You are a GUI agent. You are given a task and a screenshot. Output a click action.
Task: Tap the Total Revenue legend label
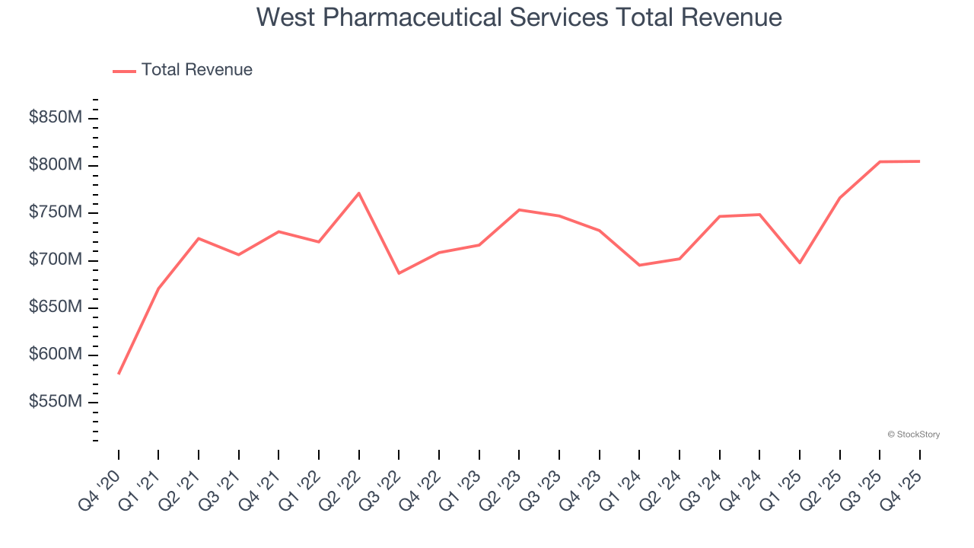(x=196, y=70)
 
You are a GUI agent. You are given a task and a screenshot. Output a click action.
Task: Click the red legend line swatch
(x=124, y=71)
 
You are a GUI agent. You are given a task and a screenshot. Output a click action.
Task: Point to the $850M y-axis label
(x=56, y=118)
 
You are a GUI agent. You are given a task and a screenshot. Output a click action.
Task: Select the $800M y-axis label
(x=56, y=165)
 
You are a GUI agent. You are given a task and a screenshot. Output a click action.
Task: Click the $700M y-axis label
(x=56, y=260)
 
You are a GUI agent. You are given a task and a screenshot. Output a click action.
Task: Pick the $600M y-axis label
(x=56, y=355)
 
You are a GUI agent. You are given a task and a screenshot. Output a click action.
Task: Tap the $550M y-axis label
(x=56, y=402)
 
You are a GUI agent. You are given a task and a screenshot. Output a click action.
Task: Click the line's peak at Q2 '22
(x=358, y=193)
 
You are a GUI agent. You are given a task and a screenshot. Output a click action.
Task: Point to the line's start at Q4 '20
(x=119, y=373)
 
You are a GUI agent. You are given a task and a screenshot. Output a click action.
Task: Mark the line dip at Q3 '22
(x=399, y=273)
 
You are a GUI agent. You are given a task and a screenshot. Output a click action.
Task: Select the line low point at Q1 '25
(x=799, y=263)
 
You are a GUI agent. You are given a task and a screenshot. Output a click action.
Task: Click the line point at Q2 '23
(x=519, y=210)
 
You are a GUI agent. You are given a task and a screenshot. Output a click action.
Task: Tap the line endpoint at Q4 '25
(x=919, y=161)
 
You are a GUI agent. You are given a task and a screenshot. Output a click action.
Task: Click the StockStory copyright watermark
(x=913, y=435)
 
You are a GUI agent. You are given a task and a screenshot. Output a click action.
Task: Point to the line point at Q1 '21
(x=158, y=288)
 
